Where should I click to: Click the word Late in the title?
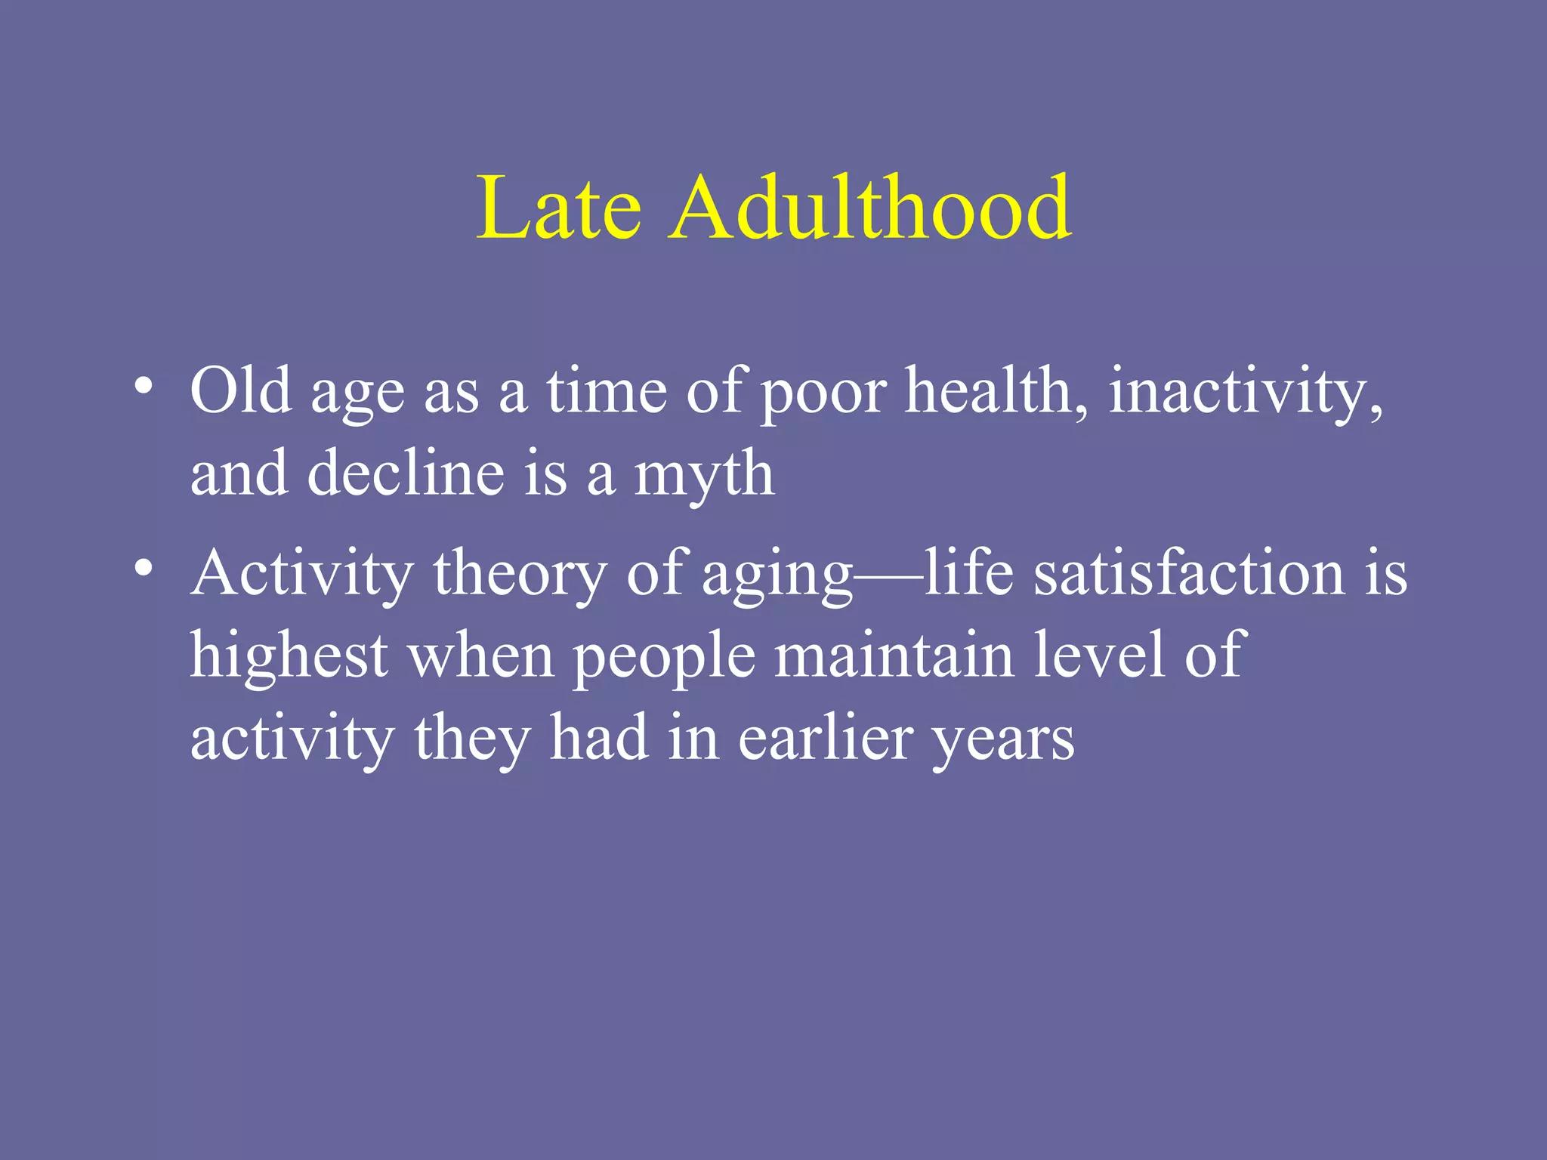point(558,208)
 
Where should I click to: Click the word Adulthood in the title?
point(869,208)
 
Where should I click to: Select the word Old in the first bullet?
point(241,391)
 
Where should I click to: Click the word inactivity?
point(1245,391)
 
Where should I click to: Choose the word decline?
point(406,474)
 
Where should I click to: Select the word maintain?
point(894,656)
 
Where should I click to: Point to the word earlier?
point(826,739)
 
